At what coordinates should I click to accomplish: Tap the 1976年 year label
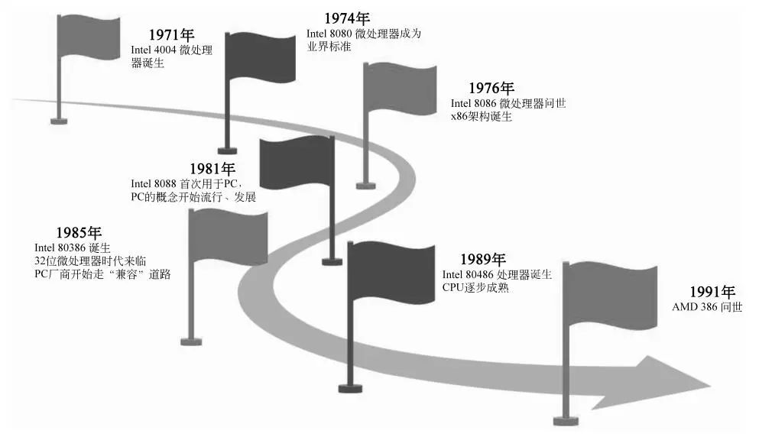tap(491, 89)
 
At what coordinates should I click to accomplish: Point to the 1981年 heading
tap(212, 169)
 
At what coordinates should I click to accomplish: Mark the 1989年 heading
tap(482, 260)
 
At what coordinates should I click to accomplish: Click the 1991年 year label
tap(712, 292)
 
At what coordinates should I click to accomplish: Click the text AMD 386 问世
tap(707, 307)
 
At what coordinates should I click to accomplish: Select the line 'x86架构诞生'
tap(482, 117)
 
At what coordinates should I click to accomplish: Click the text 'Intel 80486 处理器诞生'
tap(497, 274)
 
